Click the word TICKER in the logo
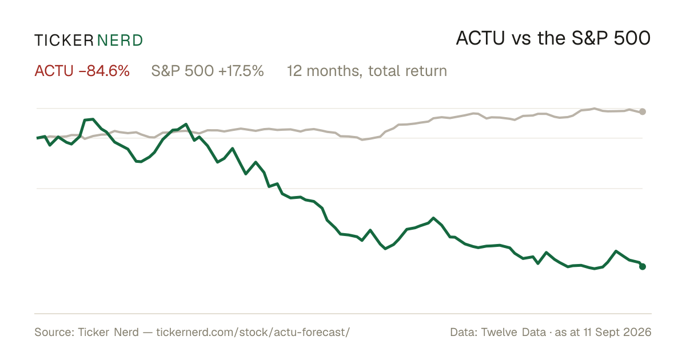pyautogui.click(x=63, y=41)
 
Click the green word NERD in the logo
pyautogui.click(x=119, y=41)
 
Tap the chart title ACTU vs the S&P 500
pyautogui.click(x=553, y=38)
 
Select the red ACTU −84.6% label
pyautogui.click(x=82, y=71)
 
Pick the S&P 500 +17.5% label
pyautogui.click(x=208, y=71)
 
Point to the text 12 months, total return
pyautogui.click(x=367, y=71)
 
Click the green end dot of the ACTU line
pyautogui.click(x=643, y=267)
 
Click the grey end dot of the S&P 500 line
pyautogui.click(x=643, y=112)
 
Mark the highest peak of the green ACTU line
pyautogui.click(x=93, y=119)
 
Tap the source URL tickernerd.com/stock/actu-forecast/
pyautogui.click(x=253, y=332)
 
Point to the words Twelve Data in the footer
pyautogui.click(x=513, y=332)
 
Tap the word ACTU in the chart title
pyautogui.click(x=480, y=38)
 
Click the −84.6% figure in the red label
pyautogui.click(x=104, y=71)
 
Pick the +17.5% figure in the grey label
pyautogui.click(x=241, y=71)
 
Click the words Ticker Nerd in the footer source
pyautogui.click(x=109, y=332)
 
